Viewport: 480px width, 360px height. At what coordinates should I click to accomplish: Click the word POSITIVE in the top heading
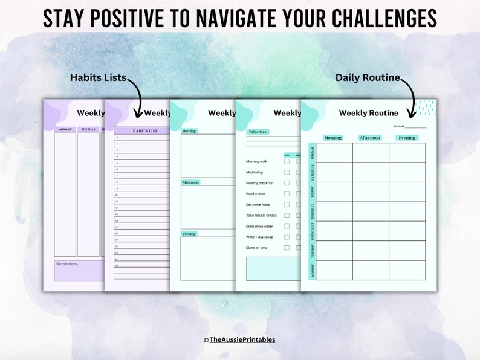tap(137, 18)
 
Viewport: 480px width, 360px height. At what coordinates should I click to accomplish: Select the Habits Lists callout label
tap(98, 77)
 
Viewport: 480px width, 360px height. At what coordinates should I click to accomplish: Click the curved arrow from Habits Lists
tap(138, 97)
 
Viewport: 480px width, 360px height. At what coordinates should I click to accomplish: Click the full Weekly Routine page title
tap(368, 113)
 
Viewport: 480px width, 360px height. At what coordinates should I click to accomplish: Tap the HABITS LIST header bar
tap(144, 130)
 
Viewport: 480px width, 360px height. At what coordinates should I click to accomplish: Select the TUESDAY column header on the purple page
tap(88, 129)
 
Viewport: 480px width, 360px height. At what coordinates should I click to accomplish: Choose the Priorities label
tap(259, 132)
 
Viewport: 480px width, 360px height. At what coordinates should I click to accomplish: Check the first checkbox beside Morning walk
tap(287, 161)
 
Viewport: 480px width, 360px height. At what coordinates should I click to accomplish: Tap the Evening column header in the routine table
tap(407, 138)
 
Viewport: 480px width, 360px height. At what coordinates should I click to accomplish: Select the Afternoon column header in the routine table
tap(370, 138)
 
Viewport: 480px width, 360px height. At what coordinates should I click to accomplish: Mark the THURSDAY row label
tap(312, 211)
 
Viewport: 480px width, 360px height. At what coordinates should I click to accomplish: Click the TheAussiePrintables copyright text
tap(239, 340)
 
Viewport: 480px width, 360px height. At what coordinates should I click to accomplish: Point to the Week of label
tap(398, 126)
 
